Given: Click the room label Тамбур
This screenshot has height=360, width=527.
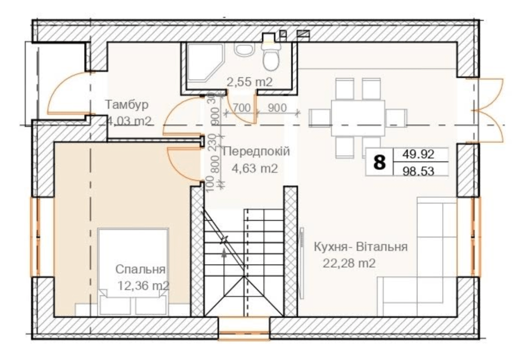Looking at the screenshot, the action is click(126, 104).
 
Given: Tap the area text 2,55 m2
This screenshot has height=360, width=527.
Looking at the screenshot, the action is click(249, 82).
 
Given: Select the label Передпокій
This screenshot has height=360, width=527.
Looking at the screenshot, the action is click(256, 151).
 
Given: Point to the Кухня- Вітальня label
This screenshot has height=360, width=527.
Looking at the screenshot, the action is click(360, 247).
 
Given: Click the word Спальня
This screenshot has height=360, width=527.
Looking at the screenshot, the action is click(141, 269).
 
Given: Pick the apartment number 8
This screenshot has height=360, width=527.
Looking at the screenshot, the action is click(380, 162).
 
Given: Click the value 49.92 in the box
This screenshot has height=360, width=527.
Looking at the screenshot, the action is click(418, 154).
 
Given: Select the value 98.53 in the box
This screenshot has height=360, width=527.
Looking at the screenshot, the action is click(418, 171).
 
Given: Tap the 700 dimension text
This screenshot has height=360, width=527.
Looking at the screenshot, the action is click(242, 108).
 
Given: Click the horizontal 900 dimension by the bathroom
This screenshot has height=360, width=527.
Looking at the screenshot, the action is click(277, 108).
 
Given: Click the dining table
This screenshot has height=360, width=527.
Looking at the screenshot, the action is click(358, 118).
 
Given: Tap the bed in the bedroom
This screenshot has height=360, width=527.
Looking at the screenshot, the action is click(133, 271).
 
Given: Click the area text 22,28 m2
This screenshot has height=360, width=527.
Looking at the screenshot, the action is click(349, 263).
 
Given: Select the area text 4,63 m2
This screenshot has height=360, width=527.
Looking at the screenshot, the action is click(255, 168).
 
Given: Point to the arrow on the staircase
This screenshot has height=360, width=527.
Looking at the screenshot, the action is click(224, 250).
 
